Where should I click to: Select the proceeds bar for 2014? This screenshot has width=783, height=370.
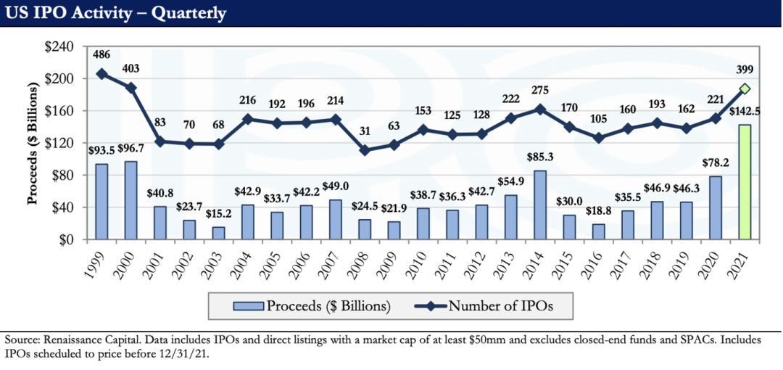[539, 205]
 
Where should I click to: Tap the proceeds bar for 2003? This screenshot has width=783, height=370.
[219, 233]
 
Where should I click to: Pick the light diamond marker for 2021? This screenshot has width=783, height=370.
[744, 89]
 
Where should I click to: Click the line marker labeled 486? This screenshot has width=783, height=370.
[102, 74]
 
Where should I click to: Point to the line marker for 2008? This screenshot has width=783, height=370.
[365, 150]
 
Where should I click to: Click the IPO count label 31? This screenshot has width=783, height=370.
[365, 132]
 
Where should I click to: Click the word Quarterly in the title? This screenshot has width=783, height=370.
[188, 13]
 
